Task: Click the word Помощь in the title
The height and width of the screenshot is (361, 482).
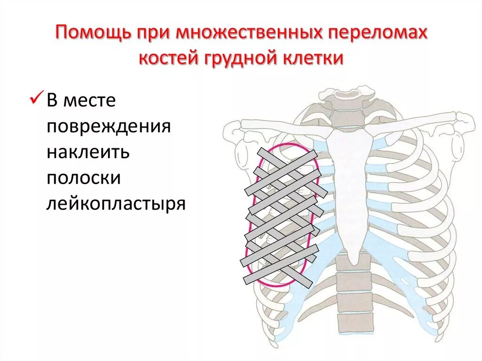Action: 94,34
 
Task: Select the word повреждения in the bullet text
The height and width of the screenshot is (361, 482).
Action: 108,127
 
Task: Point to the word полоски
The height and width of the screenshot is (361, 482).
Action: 84,178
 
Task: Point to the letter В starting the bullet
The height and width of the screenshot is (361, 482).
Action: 53,101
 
